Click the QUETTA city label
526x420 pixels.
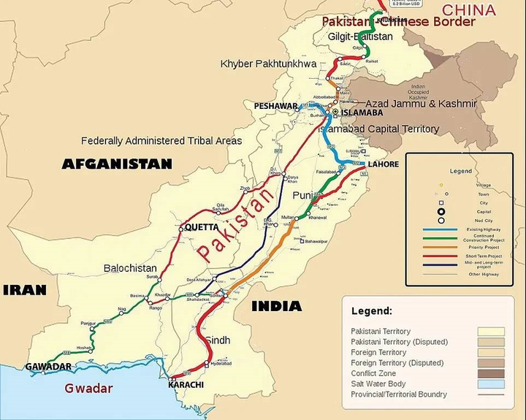click(202, 227)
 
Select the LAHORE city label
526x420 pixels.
click(383, 164)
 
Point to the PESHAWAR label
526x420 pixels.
click(275, 106)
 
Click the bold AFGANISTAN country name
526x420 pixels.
click(117, 164)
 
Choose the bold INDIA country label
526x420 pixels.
click(277, 306)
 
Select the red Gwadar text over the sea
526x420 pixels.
click(88, 389)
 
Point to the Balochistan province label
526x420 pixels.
click(130, 268)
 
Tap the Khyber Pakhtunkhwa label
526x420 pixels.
click(268, 64)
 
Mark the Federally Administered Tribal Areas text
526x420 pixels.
click(161, 140)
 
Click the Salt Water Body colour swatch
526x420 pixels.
click(490, 383)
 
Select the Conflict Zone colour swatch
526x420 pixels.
click(490, 373)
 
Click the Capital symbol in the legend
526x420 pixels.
click(441, 212)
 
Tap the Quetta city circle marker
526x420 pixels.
click(180, 229)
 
